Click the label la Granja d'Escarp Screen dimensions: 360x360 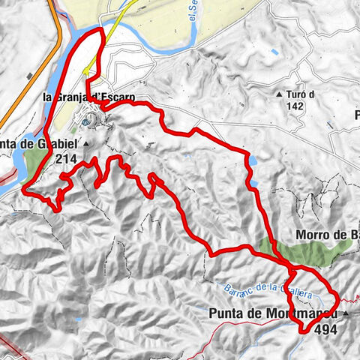point(88,96)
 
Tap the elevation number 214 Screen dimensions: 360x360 point(66,158)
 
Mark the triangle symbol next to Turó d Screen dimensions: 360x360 point(280,95)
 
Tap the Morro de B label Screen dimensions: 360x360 point(328,235)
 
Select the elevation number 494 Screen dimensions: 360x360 point(327,328)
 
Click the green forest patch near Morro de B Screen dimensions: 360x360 point(307,251)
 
